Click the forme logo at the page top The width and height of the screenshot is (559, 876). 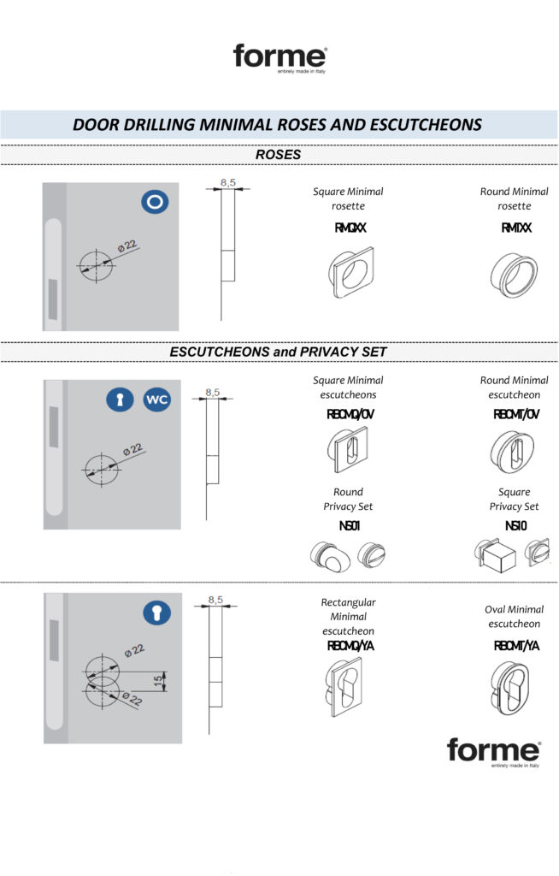point(279,58)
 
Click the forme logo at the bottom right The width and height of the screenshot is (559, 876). point(493,752)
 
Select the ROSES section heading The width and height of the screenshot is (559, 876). point(278,155)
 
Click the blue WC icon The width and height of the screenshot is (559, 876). point(156,400)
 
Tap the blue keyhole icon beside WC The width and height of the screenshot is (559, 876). point(121,400)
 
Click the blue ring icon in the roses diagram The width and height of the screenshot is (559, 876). point(155,202)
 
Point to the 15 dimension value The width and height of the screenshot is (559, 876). point(157,679)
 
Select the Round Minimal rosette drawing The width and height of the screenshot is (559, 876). point(513,273)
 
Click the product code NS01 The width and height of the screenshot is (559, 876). point(348,525)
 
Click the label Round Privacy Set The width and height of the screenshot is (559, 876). point(348,499)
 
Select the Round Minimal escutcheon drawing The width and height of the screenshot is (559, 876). point(514,451)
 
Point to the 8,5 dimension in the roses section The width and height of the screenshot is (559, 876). point(227,181)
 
